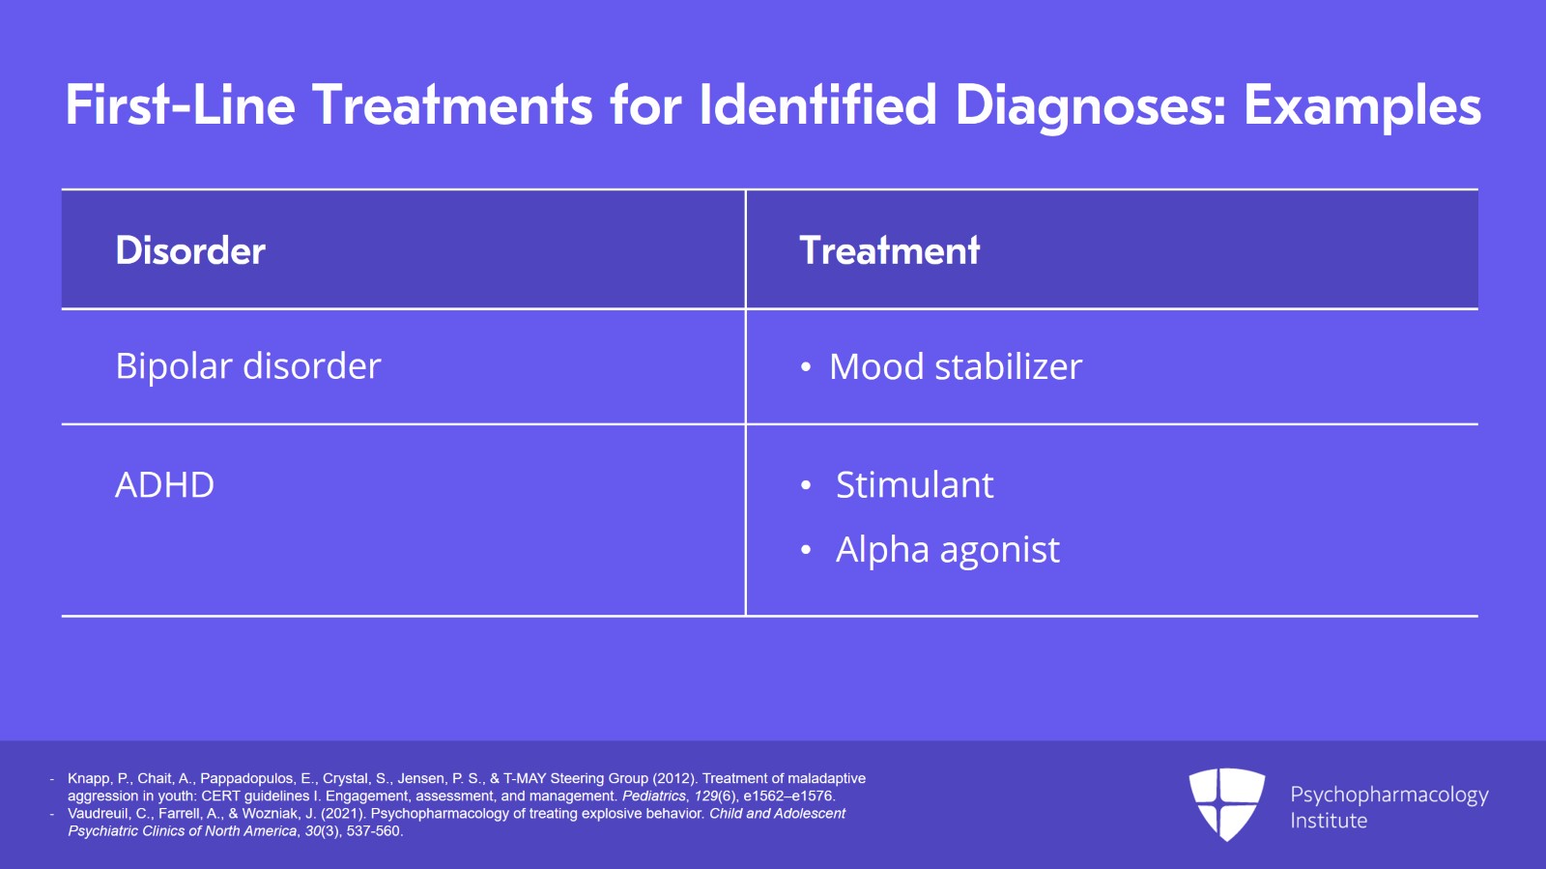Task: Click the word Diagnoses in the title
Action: pyautogui.click(x=1090, y=105)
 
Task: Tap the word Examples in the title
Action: pyautogui.click(x=1362, y=105)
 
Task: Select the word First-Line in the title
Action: pyautogui.click(x=180, y=105)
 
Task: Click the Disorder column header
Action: pyautogui.click(x=190, y=250)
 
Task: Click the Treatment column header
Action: pyautogui.click(x=890, y=250)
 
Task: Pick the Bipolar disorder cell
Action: pyautogui.click(x=248, y=366)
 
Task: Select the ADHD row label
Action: pyautogui.click(x=164, y=484)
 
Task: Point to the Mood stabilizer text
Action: pyautogui.click(x=956, y=367)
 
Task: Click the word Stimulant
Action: pyautogui.click(x=914, y=484)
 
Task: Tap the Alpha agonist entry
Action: pyautogui.click(x=947, y=550)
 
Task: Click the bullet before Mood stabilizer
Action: pyautogui.click(x=806, y=368)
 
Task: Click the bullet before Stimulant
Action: pyautogui.click(x=806, y=486)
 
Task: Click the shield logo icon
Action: pyautogui.click(x=1226, y=803)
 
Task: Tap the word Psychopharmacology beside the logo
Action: pyautogui.click(x=1389, y=795)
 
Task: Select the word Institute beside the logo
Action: pyautogui.click(x=1329, y=821)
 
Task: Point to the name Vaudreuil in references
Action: pyautogui.click(x=99, y=813)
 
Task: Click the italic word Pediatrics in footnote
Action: pyautogui.click(x=654, y=796)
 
